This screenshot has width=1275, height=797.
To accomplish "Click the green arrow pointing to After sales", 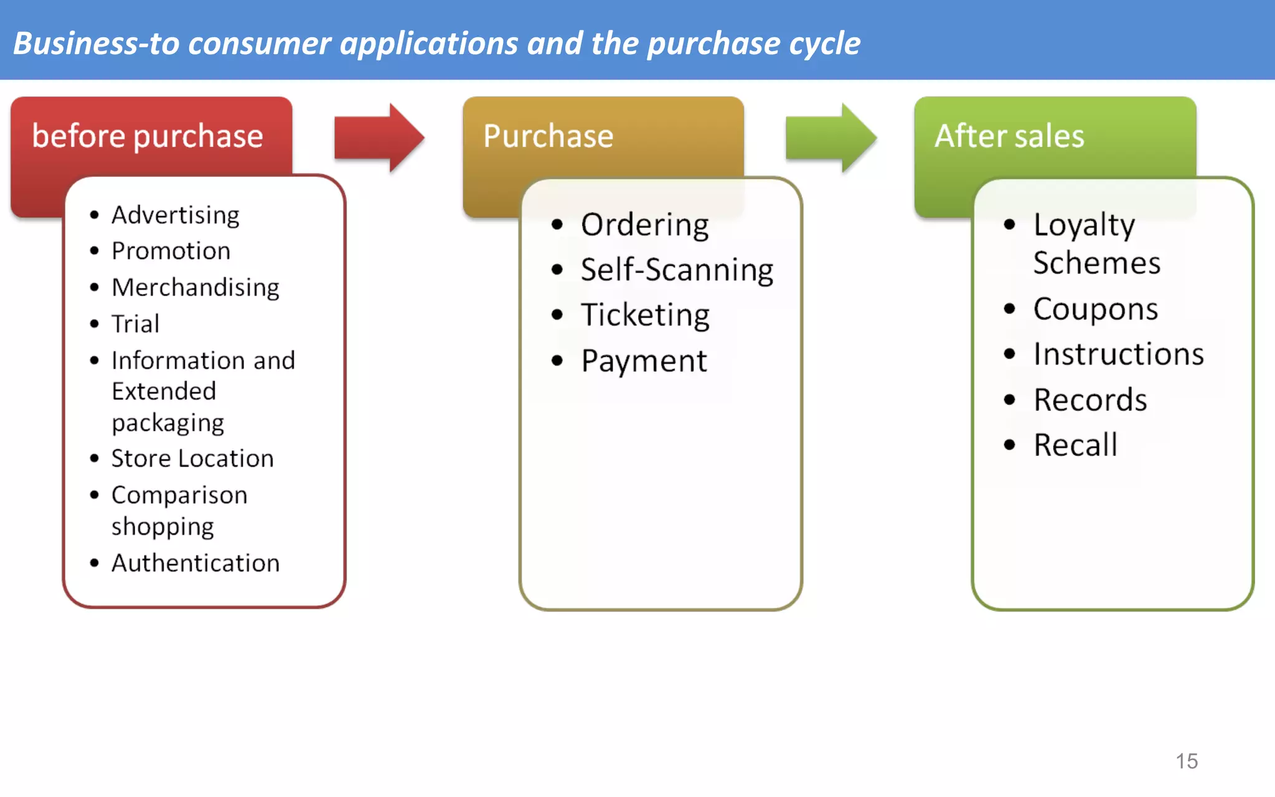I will [830, 138].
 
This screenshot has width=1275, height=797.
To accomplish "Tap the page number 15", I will [1187, 761].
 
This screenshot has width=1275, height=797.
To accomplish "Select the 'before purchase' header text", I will [148, 136].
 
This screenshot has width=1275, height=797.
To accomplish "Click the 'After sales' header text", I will [1009, 136].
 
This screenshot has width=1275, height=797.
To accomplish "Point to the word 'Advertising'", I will [176, 215].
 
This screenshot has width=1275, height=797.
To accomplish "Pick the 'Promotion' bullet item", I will [171, 251].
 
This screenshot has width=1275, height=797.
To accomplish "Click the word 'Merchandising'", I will [195, 288].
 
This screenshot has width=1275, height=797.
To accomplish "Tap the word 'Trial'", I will [135, 324].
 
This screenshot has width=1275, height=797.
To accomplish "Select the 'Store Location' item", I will [192, 459].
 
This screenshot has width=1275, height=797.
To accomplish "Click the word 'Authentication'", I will [195, 563].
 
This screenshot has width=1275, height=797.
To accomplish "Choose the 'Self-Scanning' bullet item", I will [677, 270].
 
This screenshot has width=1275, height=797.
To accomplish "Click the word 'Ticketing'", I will [645, 315].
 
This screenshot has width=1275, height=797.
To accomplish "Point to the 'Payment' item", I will [644, 361].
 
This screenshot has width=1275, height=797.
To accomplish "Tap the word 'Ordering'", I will [645, 225].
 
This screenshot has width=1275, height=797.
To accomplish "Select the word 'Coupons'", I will [1096, 309].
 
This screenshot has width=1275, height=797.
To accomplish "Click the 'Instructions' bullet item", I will [1119, 354].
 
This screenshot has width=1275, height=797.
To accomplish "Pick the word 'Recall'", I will [1075, 445].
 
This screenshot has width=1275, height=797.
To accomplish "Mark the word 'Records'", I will [1090, 400].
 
